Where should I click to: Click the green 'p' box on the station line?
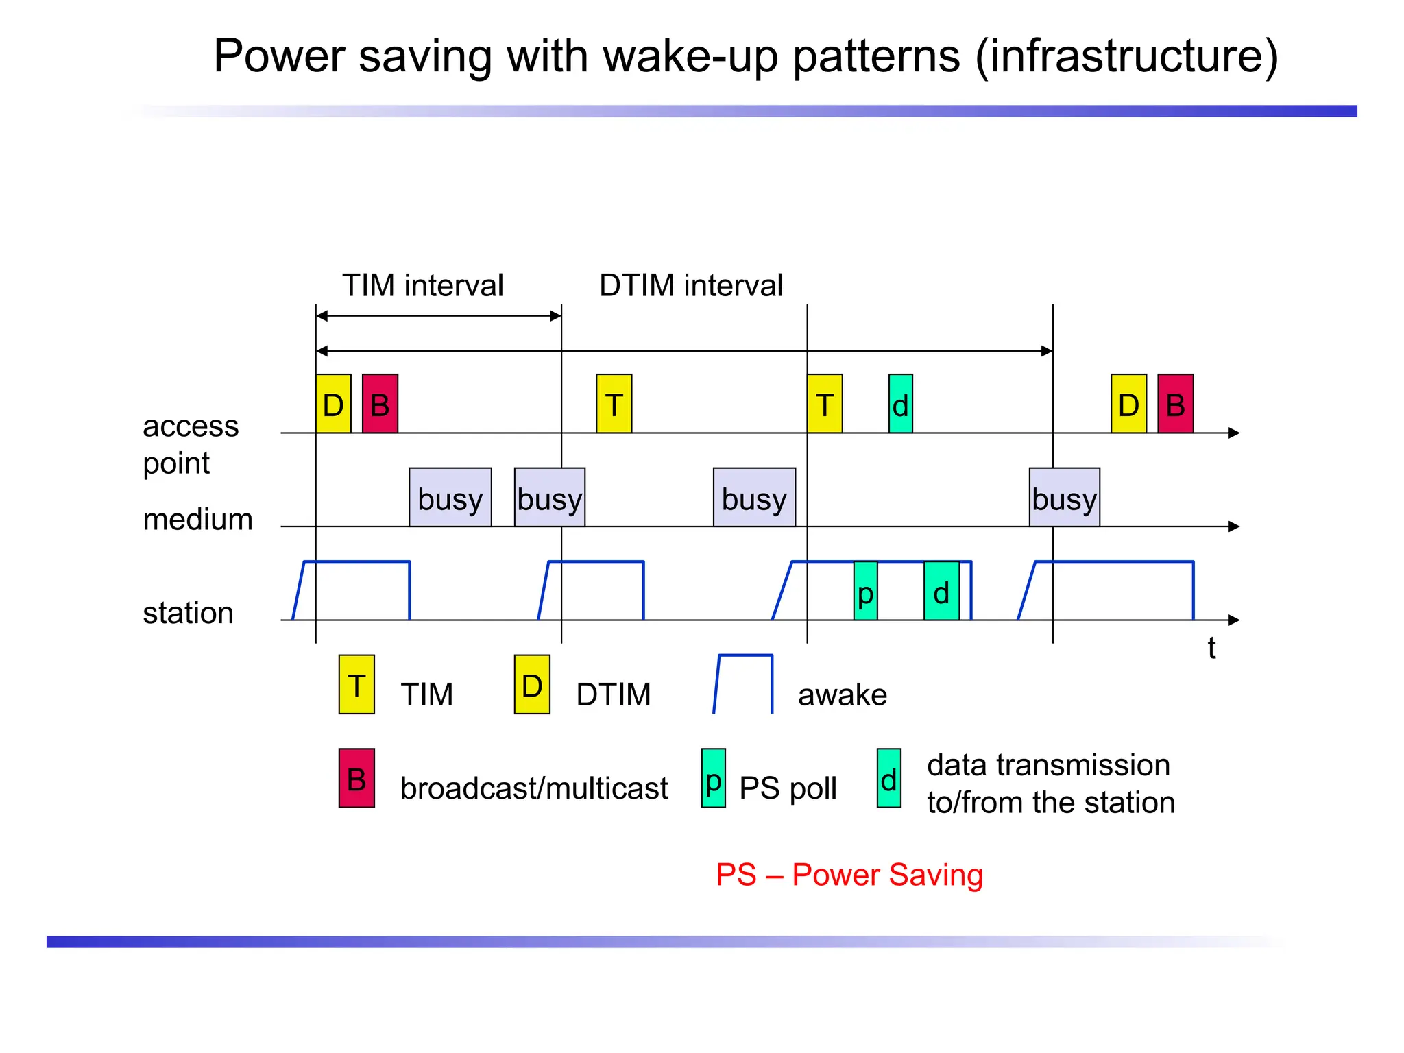click(x=865, y=591)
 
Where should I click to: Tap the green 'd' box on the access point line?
click(x=900, y=404)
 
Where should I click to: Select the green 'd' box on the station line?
click(x=941, y=591)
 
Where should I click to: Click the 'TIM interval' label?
click(x=422, y=285)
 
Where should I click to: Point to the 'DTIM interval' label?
click(x=690, y=285)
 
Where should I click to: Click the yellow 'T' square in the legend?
click(x=356, y=684)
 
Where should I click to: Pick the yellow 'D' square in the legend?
click(x=532, y=684)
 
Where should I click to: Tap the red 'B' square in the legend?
click(x=356, y=778)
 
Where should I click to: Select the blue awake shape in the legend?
click(x=744, y=684)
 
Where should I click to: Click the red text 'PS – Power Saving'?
click(x=849, y=875)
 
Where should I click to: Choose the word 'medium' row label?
click(x=197, y=519)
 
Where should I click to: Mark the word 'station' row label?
click(x=188, y=612)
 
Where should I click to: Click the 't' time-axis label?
click(x=1211, y=648)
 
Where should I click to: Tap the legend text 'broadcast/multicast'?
click(x=534, y=788)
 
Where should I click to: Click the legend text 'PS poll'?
click(x=788, y=788)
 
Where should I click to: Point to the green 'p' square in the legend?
click(x=714, y=778)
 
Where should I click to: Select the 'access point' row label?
click(x=190, y=444)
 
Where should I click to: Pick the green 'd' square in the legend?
click(x=889, y=778)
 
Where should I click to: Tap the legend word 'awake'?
click(x=843, y=694)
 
